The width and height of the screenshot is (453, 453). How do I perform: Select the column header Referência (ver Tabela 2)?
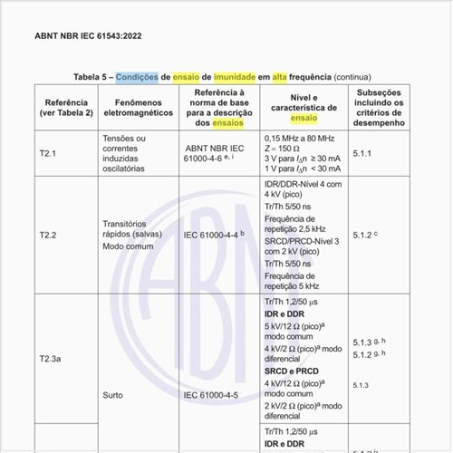point(64,107)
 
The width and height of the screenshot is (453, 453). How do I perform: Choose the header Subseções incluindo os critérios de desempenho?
point(380,107)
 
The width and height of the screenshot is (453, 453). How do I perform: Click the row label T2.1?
point(48,154)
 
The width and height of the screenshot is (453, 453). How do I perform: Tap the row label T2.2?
point(48,235)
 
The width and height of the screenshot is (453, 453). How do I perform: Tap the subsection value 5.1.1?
point(362,154)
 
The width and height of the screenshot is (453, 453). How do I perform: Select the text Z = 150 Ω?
point(286,148)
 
